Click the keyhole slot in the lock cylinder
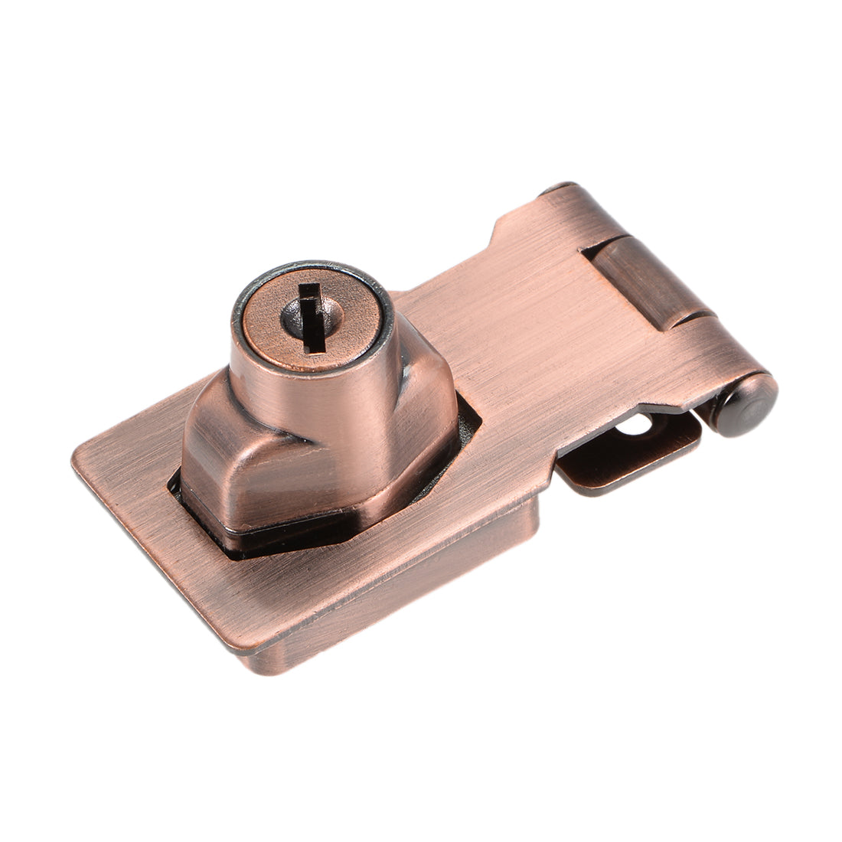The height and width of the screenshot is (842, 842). [309, 315]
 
